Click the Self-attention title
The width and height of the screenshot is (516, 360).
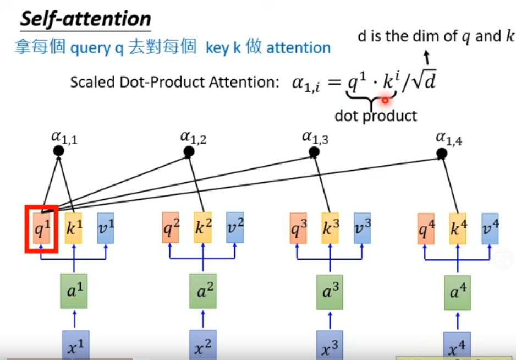coord(86,19)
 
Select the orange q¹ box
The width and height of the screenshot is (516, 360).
coord(42,228)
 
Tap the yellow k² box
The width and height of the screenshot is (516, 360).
coord(202,227)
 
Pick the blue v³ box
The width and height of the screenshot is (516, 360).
coord(363,228)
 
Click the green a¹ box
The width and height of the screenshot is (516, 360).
coord(74,291)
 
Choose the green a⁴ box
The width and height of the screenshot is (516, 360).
coord(458,293)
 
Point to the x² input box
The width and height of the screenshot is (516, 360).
coord(202,345)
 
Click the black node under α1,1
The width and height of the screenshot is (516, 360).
coord(58,151)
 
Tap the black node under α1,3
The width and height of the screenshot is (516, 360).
coord(314,152)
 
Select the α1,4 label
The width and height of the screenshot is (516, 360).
coord(449,138)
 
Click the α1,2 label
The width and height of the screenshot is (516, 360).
coord(193,138)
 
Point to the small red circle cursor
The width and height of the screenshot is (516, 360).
coord(385,100)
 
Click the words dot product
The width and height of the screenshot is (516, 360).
coord(376,116)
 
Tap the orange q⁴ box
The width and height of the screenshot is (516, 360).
coord(426,228)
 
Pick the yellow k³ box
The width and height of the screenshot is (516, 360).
coord(330,228)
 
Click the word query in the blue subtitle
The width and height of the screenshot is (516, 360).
coord(91,48)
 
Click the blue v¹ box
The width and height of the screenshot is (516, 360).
coord(106,228)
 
